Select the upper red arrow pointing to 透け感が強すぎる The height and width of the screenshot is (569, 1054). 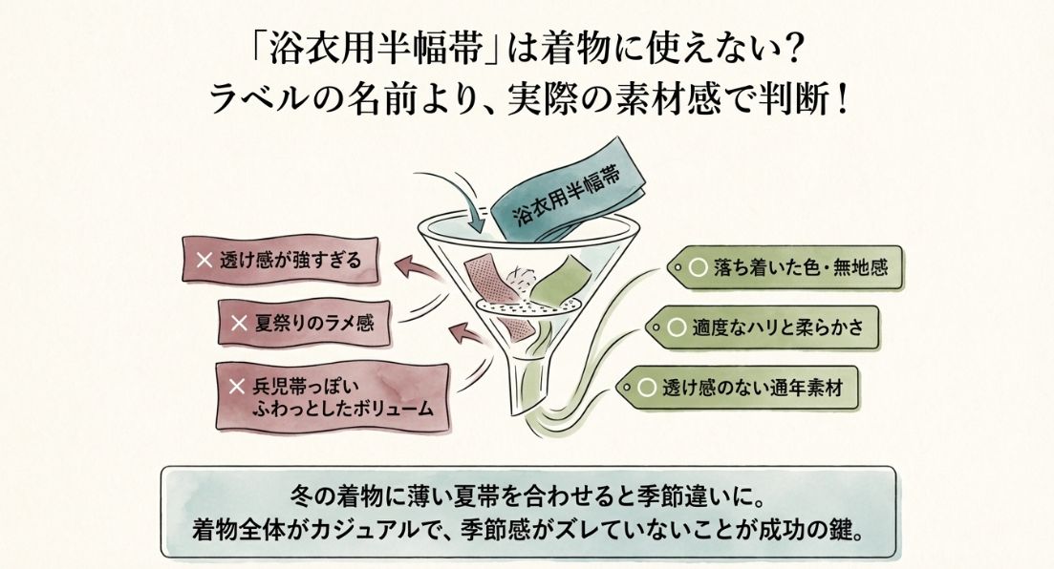tap(419, 268)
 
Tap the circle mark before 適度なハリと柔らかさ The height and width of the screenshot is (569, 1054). tap(677, 327)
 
